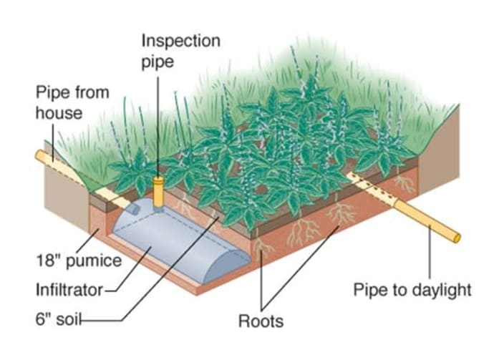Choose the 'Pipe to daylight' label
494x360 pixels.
click(412, 290)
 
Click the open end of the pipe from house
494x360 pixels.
click(39, 155)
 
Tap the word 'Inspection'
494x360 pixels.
click(170, 39)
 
